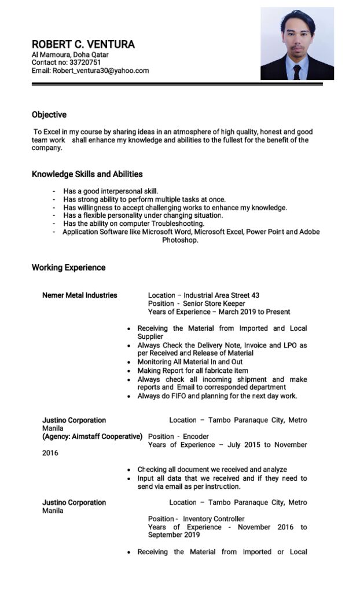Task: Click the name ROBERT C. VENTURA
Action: (83, 45)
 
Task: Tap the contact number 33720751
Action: (85, 63)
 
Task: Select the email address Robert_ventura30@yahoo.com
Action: (101, 71)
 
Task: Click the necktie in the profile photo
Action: (297, 72)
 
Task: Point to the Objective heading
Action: (49, 115)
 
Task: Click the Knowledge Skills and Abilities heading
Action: (87, 174)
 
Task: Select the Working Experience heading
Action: (68, 268)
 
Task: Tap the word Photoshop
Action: (180, 240)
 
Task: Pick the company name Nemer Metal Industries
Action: (79, 295)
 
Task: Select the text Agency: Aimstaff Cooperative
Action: (92, 437)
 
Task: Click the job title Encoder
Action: (196, 437)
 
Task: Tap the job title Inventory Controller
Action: (214, 519)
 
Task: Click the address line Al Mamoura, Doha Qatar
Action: (70, 55)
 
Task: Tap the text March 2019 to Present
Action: (254, 312)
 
